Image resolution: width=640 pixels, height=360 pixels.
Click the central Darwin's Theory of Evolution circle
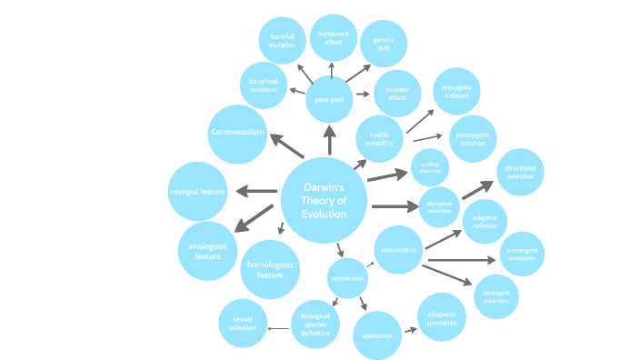click(325, 200)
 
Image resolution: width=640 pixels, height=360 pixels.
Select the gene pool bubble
click(329, 99)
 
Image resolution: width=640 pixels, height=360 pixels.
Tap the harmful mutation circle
click(282, 42)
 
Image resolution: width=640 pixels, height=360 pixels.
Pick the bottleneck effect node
click(333, 37)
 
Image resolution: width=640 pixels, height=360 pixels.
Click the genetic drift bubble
click(384, 44)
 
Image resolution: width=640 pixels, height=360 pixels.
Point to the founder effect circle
click(397, 94)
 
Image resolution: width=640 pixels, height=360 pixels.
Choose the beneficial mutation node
click(264, 86)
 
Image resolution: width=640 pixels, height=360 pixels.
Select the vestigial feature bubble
click(198, 192)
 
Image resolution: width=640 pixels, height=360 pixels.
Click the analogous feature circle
click(207, 250)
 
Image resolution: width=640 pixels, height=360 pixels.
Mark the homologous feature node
click(270, 270)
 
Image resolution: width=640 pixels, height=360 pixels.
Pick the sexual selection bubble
click(243, 323)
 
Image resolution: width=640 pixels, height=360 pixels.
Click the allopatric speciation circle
click(442, 317)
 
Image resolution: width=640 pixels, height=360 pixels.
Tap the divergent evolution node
click(496, 295)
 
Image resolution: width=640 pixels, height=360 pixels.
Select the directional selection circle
click(520, 173)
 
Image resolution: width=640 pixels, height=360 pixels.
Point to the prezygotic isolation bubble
click(456, 91)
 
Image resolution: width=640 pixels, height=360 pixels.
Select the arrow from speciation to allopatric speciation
click(410, 330)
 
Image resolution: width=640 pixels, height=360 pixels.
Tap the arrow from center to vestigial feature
click(257, 191)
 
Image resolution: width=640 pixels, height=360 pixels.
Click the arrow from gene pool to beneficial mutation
click(296, 91)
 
